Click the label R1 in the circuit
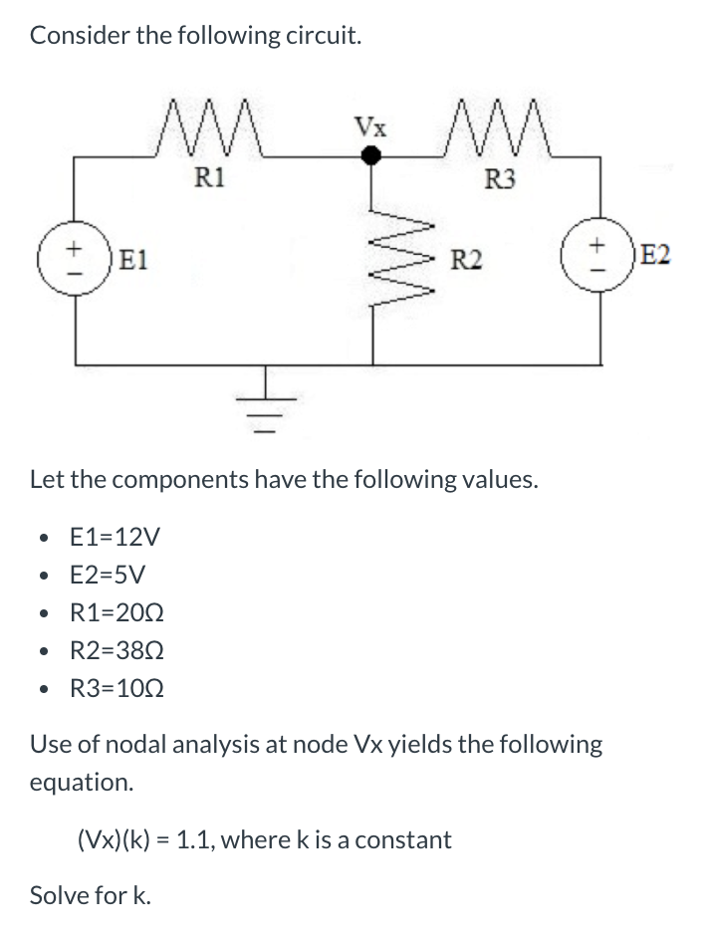209,179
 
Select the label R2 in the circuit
466,263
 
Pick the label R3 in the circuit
500,179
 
